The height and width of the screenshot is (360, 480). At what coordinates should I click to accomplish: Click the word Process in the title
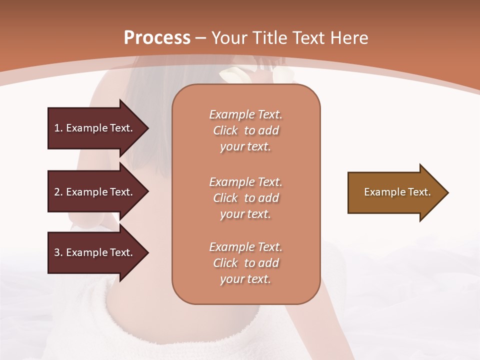click(156, 38)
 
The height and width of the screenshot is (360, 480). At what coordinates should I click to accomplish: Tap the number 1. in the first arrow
click(58, 128)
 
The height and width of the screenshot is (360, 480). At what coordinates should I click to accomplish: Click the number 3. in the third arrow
click(58, 253)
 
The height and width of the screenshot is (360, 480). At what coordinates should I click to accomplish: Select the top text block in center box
click(245, 130)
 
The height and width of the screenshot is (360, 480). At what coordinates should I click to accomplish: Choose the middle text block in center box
click(245, 198)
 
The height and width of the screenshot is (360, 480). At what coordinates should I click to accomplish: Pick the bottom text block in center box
click(245, 263)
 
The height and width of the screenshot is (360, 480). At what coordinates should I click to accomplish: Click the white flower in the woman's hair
click(231, 75)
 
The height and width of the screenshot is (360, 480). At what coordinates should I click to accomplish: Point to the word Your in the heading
click(228, 38)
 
